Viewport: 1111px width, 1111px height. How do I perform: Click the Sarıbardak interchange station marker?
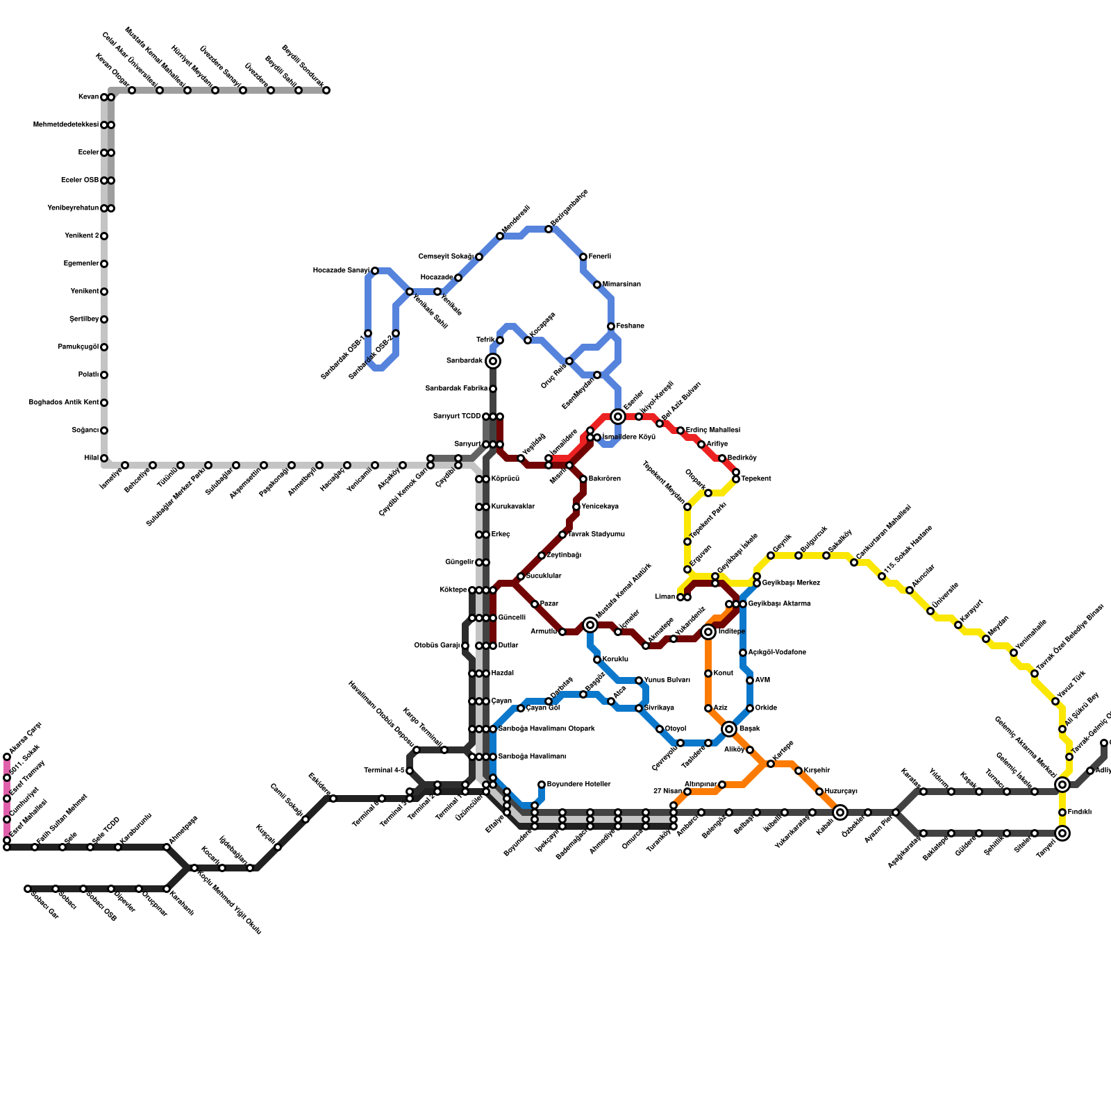point(493,361)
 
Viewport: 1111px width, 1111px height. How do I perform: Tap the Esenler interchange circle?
point(618,417)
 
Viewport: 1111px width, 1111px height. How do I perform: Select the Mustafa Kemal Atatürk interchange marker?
point(590,625)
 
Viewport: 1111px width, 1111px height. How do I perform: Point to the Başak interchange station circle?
point(729,729)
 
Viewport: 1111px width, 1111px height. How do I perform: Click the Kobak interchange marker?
point(840,812)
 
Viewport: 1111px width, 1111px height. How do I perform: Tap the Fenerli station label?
point(600,257)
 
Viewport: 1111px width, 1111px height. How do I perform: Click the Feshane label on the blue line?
point(630,326)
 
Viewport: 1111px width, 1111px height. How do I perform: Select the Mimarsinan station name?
point(621,285)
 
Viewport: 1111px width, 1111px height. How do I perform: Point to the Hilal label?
point(91,458)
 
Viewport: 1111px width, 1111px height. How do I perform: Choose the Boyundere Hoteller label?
point(578,785)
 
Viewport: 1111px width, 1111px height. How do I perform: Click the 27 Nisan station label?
point(667,792)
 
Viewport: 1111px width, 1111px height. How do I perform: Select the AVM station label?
point(762,680)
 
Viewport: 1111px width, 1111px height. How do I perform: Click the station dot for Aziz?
point(708,708)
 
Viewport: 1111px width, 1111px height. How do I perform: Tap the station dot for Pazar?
point(535,604)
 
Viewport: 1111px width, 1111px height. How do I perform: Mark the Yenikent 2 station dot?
point(104,236)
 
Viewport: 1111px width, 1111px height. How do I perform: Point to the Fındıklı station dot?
point(1062,812)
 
